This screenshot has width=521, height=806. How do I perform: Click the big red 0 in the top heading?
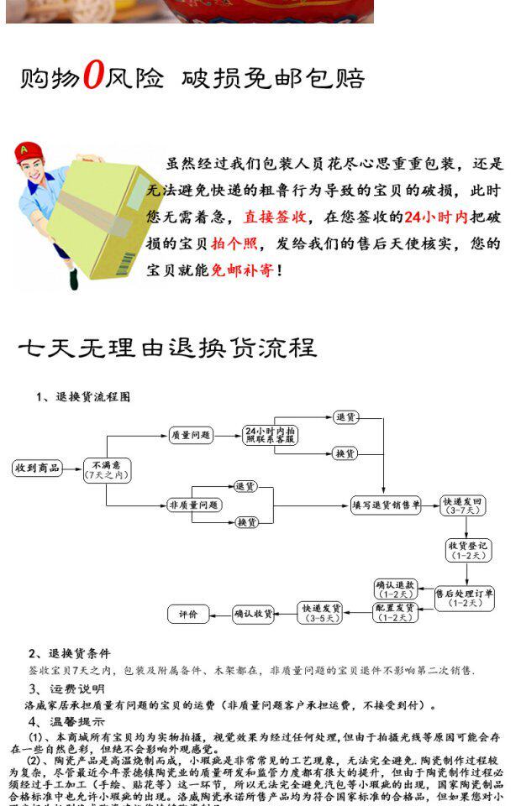92,76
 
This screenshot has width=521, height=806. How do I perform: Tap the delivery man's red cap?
29,154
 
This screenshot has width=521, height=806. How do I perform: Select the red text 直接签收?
275,217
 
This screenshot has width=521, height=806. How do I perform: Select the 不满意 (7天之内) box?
107,469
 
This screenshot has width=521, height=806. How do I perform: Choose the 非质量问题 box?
194,505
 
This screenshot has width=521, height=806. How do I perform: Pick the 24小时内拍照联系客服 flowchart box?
271,435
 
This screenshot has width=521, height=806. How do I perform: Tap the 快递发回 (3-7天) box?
464,505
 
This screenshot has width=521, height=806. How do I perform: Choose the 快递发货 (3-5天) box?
320,613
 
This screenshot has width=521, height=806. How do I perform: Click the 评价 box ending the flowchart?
188,614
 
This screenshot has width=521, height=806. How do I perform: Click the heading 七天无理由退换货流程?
167,348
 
